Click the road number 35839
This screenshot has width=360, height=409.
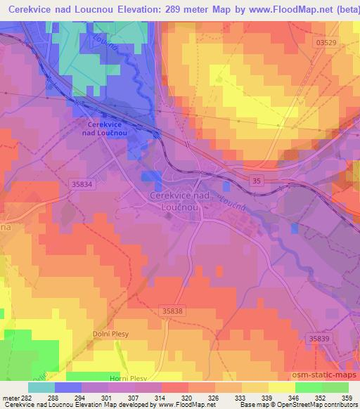click(318, 338)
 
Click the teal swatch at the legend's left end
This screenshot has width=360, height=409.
click(41, 387)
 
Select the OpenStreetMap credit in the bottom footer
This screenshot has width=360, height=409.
click(311, 405)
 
